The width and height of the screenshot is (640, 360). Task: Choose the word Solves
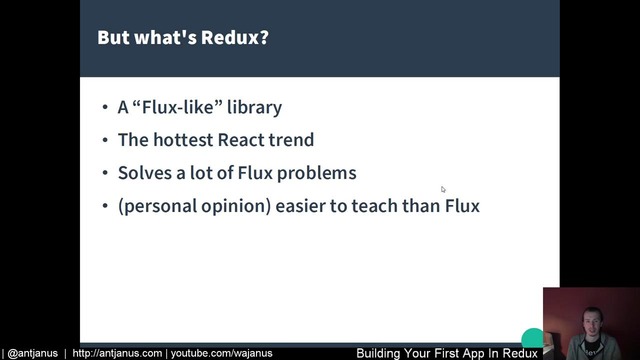[x=143, y=173]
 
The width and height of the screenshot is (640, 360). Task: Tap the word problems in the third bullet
[x=317, y=173]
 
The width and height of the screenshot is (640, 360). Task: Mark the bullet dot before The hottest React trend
[x=106, y=141]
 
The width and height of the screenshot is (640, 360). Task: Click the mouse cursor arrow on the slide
[x=443, y=188]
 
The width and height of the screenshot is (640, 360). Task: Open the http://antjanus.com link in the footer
[x=117, y=353]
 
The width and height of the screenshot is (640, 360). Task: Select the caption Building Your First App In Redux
[x=447, y=353]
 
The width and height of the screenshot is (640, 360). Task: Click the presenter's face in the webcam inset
[x=587, y=317]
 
